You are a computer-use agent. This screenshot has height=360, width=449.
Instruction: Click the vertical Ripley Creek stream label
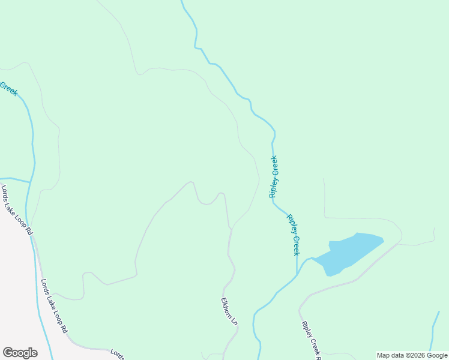point(274,177)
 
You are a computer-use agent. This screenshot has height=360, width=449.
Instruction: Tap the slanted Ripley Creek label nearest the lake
point(293,235)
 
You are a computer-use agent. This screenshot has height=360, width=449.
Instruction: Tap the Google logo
point(20,353)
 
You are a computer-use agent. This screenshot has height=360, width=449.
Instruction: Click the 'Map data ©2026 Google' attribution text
point(412,355)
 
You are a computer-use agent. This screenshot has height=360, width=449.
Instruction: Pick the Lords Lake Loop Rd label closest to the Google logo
point(55,306)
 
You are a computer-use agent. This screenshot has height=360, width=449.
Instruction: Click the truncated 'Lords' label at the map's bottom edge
point(117,354)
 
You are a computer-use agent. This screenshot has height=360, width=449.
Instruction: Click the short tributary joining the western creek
point(15,179)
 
